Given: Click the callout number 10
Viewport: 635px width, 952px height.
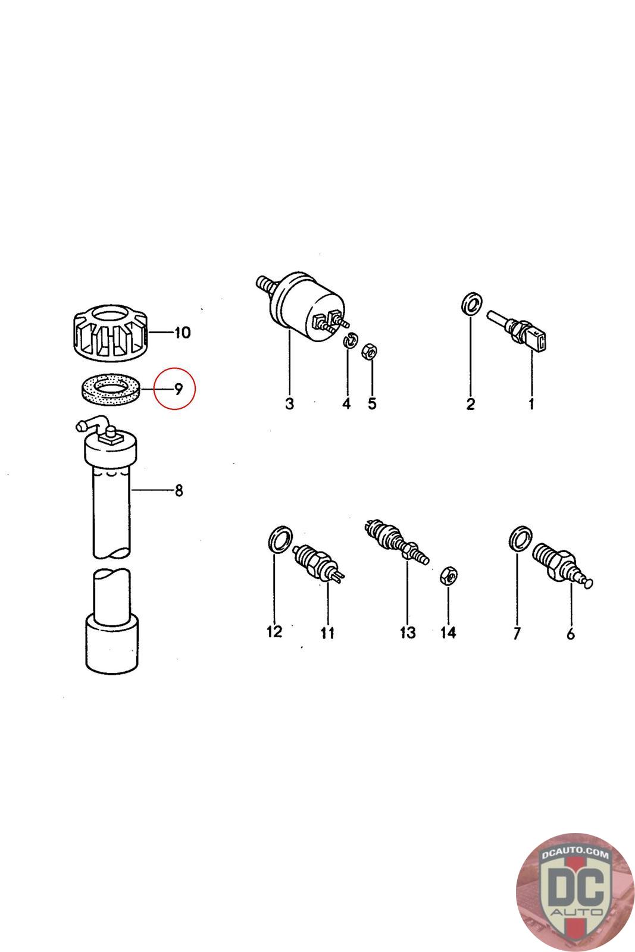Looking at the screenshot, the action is (182, 333).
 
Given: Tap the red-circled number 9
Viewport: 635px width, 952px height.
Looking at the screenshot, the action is (179, 389).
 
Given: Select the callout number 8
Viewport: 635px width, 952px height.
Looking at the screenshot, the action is (179, 490).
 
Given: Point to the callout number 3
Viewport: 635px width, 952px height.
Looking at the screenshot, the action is (289, 403).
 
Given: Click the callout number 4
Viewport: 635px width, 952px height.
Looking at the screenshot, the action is (346, 403).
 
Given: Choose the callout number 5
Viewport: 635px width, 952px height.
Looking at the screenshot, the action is (373, 403).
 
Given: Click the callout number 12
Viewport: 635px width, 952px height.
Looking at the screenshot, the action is (274, 632).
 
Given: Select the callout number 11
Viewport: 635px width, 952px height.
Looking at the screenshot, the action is (327, 633).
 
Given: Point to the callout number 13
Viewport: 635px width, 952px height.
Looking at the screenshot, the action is (408, 633).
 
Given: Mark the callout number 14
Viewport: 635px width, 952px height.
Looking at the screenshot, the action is (448, 633).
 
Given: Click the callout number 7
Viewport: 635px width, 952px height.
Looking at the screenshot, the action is (517, 633).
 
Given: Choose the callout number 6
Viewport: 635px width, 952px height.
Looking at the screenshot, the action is (571, 634).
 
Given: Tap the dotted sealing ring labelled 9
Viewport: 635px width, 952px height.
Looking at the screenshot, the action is (110, 389).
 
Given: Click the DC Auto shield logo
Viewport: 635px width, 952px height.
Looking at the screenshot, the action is (575, 893).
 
